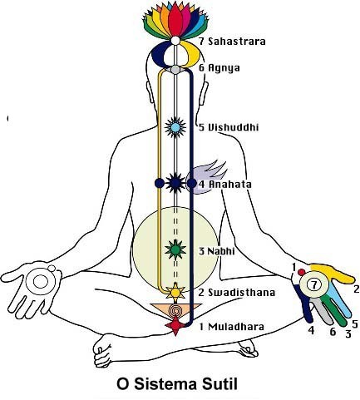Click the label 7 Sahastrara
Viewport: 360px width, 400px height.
232,42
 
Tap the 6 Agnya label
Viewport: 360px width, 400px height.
219,68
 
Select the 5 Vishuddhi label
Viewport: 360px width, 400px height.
229,127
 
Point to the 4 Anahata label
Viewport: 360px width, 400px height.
225,185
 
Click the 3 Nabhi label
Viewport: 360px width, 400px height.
217,251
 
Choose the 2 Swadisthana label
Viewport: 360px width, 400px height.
237,293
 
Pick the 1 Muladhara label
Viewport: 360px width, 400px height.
231,327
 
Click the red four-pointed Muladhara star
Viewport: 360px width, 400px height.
175,325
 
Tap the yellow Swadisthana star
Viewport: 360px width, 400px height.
175,292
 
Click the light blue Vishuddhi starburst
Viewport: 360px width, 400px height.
175,127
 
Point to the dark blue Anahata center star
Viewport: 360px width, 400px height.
175,183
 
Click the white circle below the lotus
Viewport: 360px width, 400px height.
175,41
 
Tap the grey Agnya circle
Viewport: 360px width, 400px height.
175,69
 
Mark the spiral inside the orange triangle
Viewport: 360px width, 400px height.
175,311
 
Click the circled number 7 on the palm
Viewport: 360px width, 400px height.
314,284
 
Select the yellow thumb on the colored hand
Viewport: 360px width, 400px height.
333,273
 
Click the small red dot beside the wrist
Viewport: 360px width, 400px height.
302,272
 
